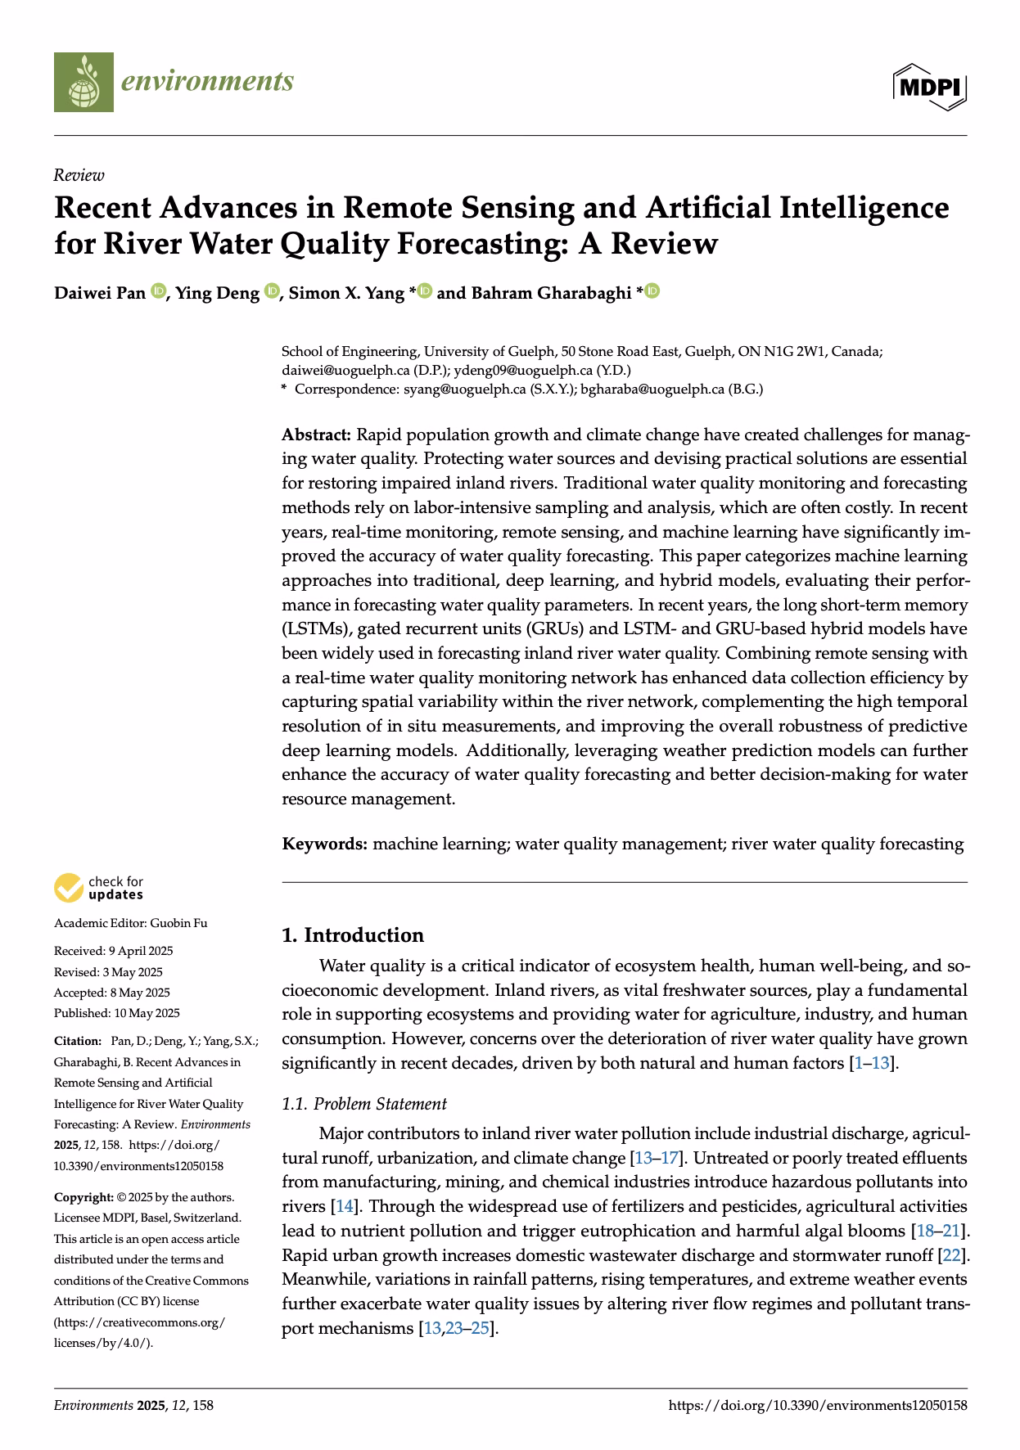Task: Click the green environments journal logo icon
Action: pyautogui.click(x=83, y=82)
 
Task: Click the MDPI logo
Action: pyautogui.click(x=930, y=85)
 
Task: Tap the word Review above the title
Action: pyautogui.click(x=79, y=175)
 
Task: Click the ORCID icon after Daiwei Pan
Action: pyautogui.click(x=158, y=291)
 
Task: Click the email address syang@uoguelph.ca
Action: pyautogui.click(x=464, y=390)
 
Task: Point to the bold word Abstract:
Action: pyautogui.click(x=316, y=435)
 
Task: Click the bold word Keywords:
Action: pyautogui.click(x=324, y=844)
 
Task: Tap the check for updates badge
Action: pyautogui.click(x=98, y=888)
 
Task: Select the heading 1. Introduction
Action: pyautogui.click(x=353, y=935)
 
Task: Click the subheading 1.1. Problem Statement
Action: pyautogui.click(x=364, y=1104)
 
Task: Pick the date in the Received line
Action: pyautogui.click(x=141, y=951)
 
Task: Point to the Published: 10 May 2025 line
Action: pyautogui.click(x=116, y=1013)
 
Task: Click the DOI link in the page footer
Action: pyautogui.click(x=818, y=1406)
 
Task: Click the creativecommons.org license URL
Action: pyautogui.click(x=138, y=1322)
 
